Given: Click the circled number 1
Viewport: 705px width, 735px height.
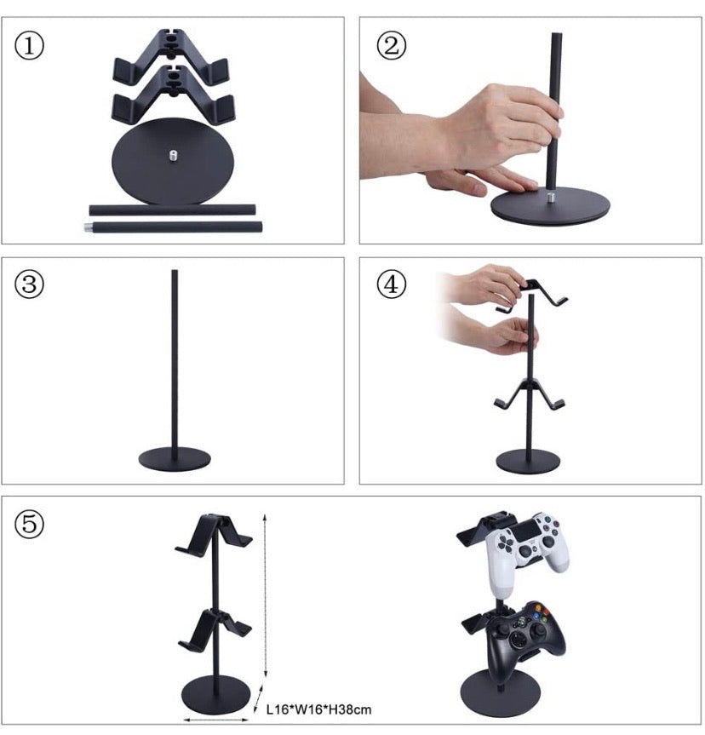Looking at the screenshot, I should coord(31,46).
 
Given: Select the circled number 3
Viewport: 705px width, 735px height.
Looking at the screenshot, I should coord(31,284).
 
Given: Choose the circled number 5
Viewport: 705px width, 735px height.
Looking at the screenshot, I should coord(31,525).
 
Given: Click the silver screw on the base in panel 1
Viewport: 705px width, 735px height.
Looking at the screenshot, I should coord(174,155).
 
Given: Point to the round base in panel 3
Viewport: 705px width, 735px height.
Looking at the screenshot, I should coord(175,457).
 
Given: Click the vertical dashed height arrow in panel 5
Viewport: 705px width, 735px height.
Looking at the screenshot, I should coord(267,596).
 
